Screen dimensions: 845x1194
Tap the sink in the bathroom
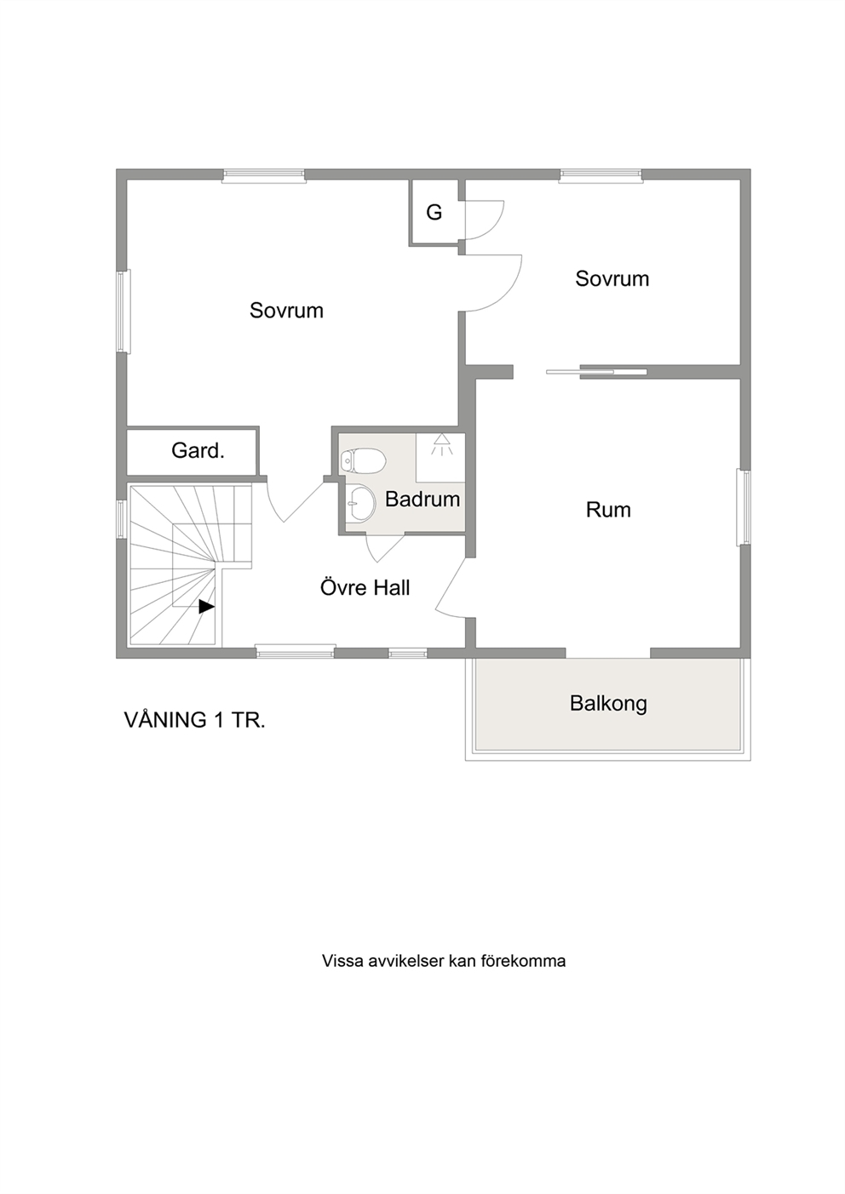[x=360, y=501]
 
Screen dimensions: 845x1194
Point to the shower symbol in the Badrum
[x=441, y=444]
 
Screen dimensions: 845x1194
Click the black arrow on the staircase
[x=206, y=607]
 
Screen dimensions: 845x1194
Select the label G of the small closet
[x=434, y=213]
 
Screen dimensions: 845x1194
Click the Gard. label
[x=198, y=451]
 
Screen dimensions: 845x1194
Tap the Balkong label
[x=608, y=704]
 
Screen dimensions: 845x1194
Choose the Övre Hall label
[x=365, y=587]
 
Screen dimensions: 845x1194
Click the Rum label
[x=608, y=510]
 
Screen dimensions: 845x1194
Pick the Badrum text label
[x=422, y=500]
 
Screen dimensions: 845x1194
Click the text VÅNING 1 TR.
[x=195, y=720]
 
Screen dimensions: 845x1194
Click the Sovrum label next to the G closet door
[x=612, y=279]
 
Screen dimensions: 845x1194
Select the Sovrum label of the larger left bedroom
[x=286, y=311]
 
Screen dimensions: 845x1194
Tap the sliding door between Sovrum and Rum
[x=596, y=372]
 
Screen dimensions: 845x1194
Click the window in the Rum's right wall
[x=744, y=507]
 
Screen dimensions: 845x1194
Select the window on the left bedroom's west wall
[x=124, y=311]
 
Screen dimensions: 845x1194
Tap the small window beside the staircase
[x=122, y=517]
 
